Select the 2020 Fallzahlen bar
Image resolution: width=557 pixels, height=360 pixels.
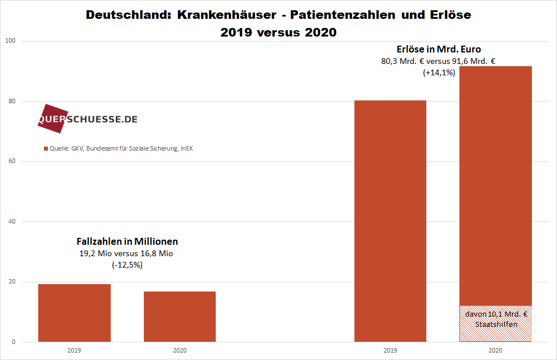(x=180, y=317)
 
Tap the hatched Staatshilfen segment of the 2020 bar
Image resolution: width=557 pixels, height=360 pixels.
(x=495, y=323)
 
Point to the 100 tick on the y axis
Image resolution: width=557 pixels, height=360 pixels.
(x=11, y=41)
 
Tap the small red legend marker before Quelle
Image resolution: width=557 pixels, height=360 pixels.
(x=46, y=149)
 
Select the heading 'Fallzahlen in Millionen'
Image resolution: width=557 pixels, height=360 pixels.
(x=127, y=241)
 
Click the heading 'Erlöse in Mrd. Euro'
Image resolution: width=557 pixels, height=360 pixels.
(x=438, y=49)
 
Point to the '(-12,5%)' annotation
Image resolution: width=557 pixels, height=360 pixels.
(x=127, y=265)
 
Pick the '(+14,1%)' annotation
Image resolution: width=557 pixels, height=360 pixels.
(x=438, y=72)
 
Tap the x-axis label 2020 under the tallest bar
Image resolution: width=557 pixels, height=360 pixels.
(x=495, y=350)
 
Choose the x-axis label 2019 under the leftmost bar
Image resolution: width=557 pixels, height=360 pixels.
(x=74, y=350)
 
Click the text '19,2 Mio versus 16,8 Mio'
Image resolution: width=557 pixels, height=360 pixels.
(x=126, y=253)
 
